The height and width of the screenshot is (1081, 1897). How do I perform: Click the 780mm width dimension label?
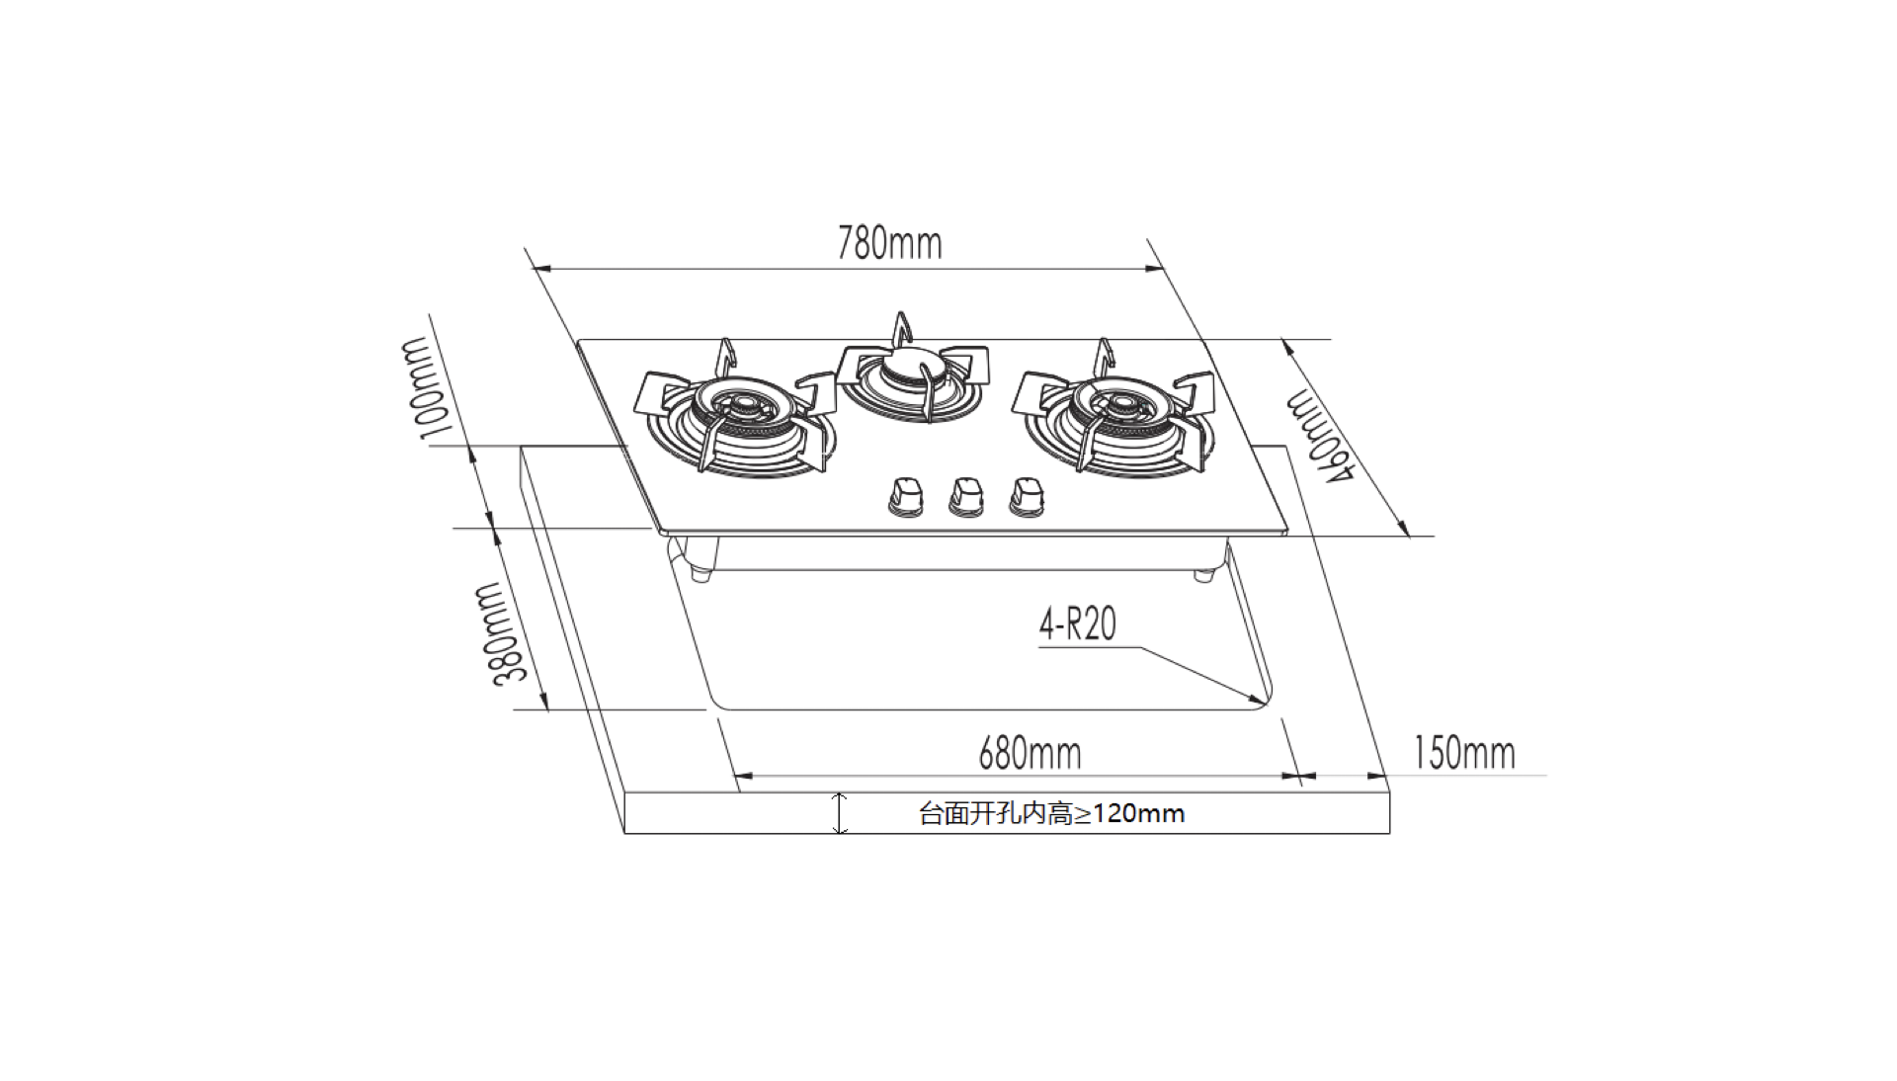point(889,244)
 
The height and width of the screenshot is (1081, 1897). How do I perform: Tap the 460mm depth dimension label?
point(1318,438)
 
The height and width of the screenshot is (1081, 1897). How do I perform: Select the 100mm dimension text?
point(426,388)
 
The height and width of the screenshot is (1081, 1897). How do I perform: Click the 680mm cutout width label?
point(1030,754)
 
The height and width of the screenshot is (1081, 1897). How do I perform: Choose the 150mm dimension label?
point(1464,753)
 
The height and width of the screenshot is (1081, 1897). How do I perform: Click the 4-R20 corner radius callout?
point(1077,624)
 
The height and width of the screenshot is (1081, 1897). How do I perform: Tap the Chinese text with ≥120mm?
point(1051,813)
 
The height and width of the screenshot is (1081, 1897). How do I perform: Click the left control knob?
point(906,497)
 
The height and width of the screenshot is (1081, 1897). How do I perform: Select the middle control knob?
point(966,497)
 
